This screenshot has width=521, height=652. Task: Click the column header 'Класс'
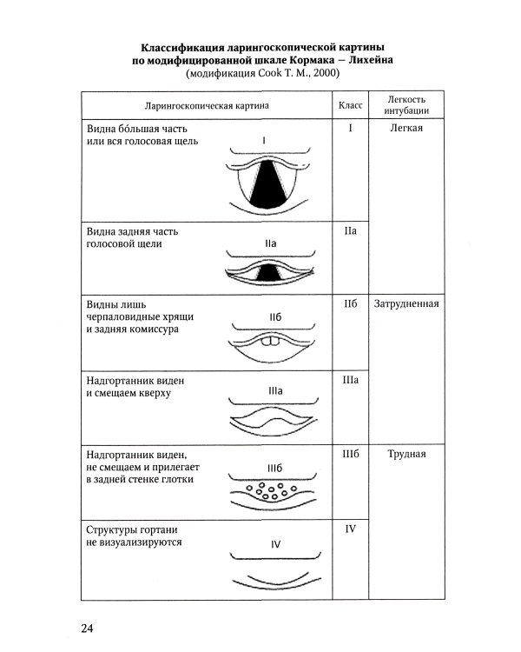[349, 105]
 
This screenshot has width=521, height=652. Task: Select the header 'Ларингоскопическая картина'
[206, 105]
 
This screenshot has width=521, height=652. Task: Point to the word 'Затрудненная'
[406, 304]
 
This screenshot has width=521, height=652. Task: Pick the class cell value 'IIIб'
[351, 455]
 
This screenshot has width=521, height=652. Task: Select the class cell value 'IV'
[351, 529]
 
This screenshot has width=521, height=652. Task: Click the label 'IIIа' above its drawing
[271, 392]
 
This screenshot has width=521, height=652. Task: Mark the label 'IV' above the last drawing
[274, 545]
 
